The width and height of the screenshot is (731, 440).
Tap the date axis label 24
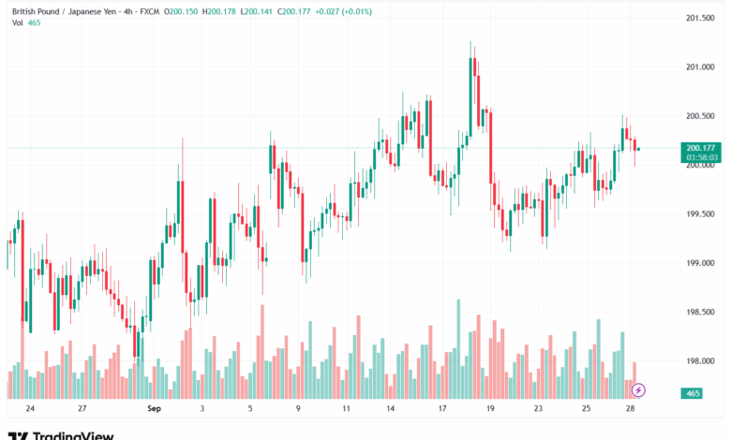click(31, 409)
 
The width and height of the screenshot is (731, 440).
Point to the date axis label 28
click(634, 409)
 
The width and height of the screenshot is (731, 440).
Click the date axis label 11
click(346, 409)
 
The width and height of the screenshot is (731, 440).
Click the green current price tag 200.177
click(700, 147)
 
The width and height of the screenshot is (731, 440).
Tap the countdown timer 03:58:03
click(700, 157)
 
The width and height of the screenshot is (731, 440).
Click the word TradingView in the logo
click(73, 435)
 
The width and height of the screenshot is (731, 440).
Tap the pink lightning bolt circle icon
click(639, 389)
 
